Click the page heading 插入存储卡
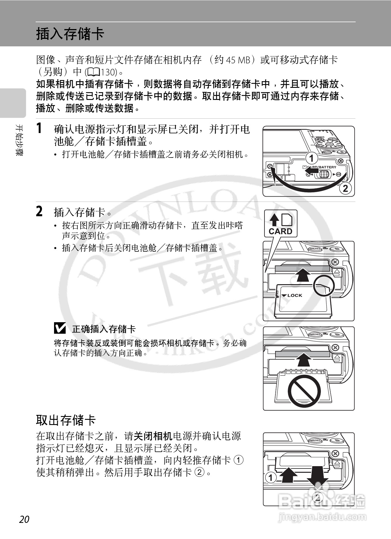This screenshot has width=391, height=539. click(70, 34)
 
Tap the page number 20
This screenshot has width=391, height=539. click(24, 519)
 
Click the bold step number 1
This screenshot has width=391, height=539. click(39, 128)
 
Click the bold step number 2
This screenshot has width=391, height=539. click(39, 211)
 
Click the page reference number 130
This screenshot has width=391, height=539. click(108, 72)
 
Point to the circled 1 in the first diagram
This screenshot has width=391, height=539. click(311, 158)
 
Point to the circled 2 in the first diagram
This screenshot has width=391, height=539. click(345, 188)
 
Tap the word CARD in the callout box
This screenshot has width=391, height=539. click(280, 231)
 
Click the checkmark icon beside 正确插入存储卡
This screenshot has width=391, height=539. click(60, 328)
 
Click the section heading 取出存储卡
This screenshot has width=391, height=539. click(66, 420)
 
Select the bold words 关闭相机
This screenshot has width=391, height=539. click(153, 436)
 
